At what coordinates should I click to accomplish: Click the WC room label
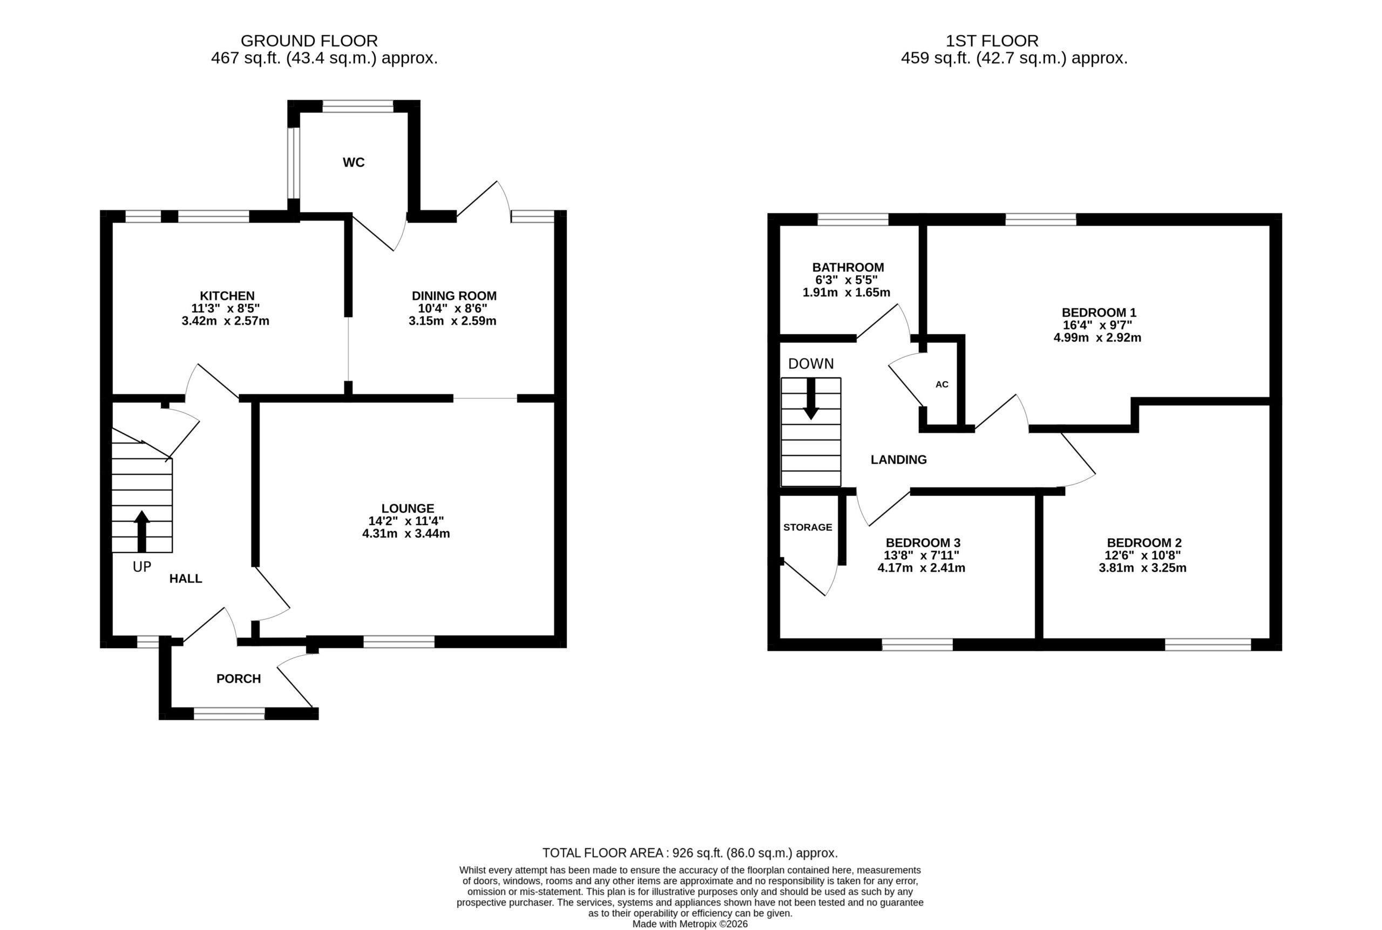click(x=354, y=162)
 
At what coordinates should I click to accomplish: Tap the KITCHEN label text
click(x=227, y=296)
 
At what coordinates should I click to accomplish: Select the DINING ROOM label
click(x=455, y=296)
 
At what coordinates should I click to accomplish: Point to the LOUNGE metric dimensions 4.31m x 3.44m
click(x=407, y=534)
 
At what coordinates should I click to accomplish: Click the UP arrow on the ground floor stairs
click(x=142, y=532)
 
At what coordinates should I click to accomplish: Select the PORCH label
click(x=239, y=678)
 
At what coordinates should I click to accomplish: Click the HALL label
click(x=186, y=579)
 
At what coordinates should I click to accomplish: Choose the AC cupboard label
click(x=942, y=384)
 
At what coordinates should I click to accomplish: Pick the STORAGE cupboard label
click(x=808, y=527)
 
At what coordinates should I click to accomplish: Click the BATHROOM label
click(x=848, y=268)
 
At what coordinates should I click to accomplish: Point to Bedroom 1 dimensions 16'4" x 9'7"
click(x=1098, y=325)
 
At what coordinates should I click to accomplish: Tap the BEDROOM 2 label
click(x=1144, y=542)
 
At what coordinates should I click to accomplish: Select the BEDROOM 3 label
click(x=923, y=542)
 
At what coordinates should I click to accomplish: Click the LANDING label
click(x=899, y=460)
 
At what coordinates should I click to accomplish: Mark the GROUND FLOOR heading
click(x=309, y=41)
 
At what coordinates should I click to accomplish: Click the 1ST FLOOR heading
click(x=992, y=41)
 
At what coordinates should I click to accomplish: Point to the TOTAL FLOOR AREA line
click(x=690, y=853)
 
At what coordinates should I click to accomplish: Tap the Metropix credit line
click(x=690, y=924)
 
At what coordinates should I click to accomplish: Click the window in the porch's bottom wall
click(x=229, y=714)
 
